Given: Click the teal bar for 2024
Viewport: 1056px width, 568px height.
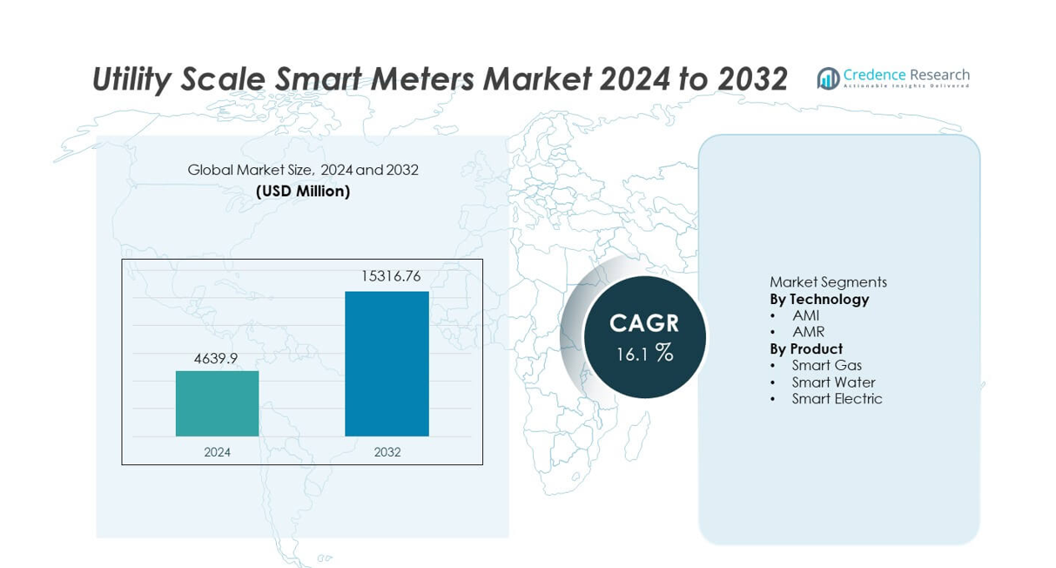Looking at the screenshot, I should [217, 403].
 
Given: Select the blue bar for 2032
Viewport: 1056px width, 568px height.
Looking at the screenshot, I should [387, 363].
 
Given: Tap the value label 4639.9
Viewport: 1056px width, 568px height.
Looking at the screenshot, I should [216, 357].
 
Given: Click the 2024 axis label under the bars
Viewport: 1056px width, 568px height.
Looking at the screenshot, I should [217, 452].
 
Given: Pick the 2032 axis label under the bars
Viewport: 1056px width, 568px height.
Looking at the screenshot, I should [387, 452].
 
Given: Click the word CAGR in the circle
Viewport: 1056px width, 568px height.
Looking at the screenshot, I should [644, 323].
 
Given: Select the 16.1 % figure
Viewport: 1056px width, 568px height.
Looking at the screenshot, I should [644, 353].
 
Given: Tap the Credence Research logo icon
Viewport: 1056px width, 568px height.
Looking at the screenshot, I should [828, 78].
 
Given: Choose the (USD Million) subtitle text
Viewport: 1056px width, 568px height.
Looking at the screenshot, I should [303, 191].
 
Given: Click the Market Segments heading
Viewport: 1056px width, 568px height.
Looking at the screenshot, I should [828, 282].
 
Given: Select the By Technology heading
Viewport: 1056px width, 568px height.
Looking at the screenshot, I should [819, 299].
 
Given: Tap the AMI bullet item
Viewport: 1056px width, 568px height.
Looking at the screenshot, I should [805, 315].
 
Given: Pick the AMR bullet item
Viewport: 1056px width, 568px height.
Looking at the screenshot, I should [808, 332].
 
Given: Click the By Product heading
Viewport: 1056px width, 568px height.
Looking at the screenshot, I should [806, 348].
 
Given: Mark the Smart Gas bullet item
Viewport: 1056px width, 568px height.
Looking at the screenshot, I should [826, 365].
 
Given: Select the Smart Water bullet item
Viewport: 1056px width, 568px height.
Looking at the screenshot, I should [833, 382].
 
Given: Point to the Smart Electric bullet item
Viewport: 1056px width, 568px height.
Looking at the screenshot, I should [837, 398].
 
